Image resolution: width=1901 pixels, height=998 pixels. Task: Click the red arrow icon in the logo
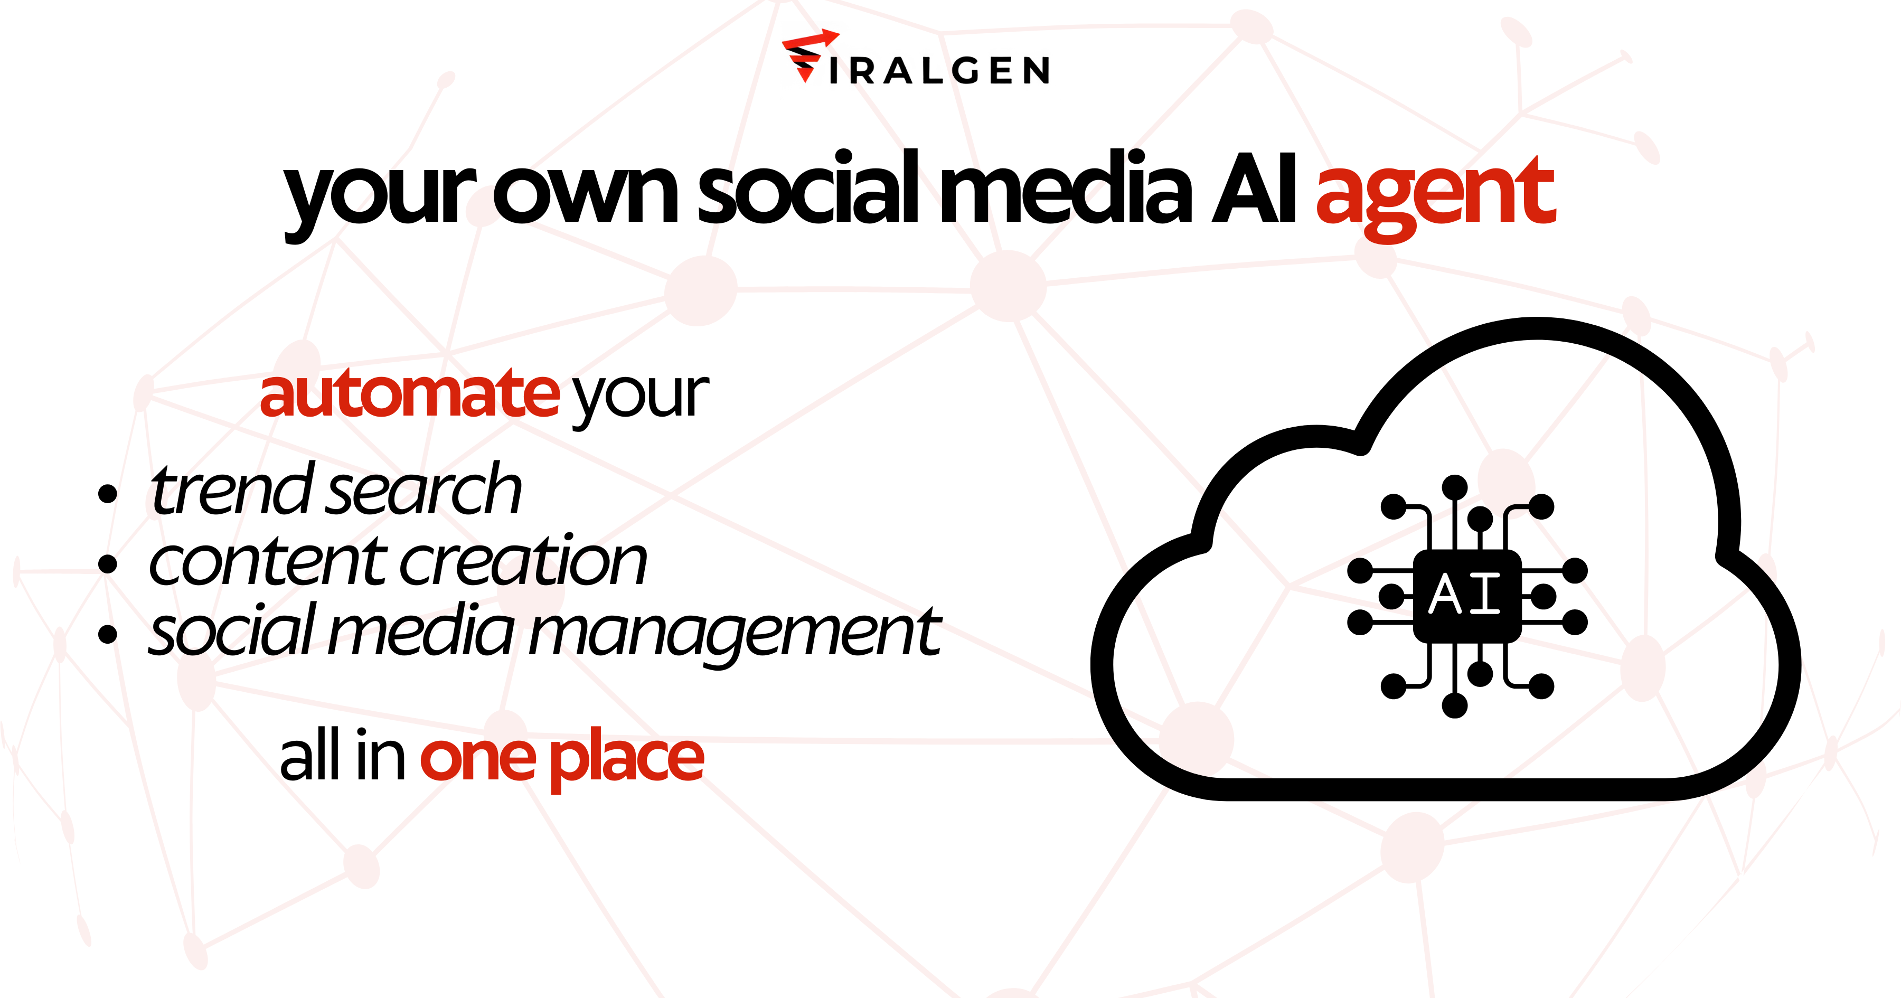(x=810, y=55)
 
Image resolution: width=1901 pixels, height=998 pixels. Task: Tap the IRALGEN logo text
(x=939, y=71)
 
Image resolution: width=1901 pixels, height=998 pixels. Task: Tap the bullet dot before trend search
(x=108, y=494)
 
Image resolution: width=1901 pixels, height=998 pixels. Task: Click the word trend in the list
(x=232, y=488)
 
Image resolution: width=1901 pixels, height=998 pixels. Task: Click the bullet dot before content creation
(x=108, y=564)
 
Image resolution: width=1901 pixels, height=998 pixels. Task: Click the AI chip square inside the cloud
(x=1467, y=596)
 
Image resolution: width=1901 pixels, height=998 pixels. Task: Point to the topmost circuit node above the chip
(x=1455, y=488)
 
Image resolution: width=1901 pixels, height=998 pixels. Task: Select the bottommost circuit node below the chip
(x=1455, y=705)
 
